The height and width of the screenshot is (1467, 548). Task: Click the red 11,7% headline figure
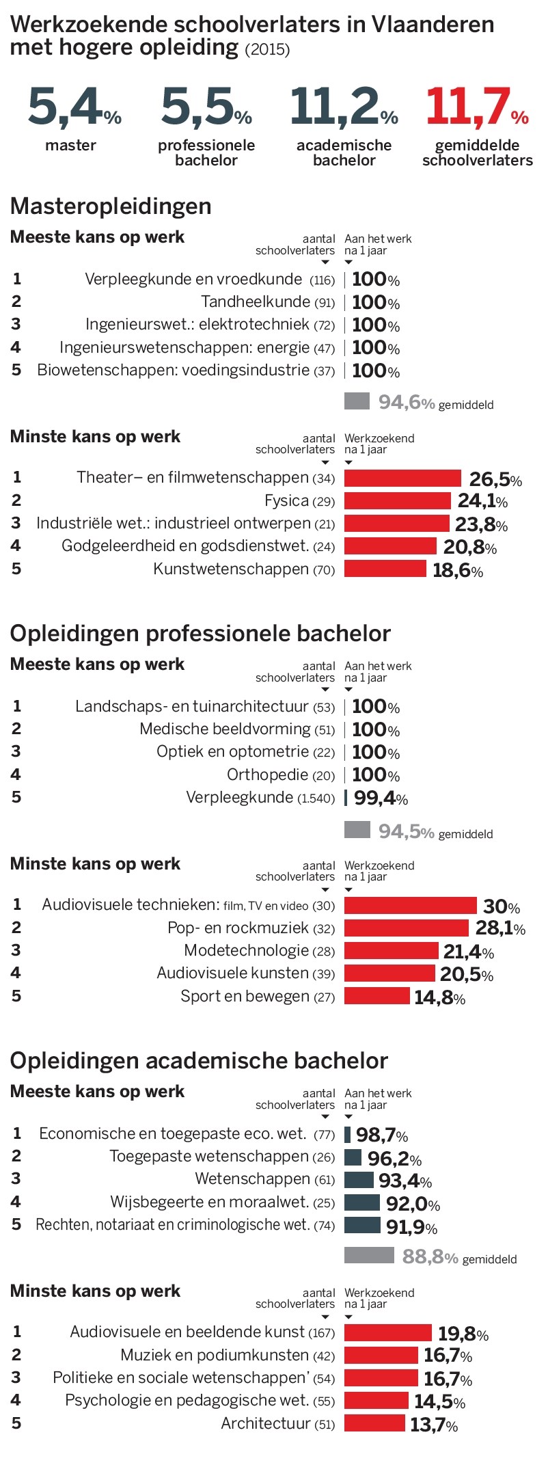pyautogui.click(x=476, y=108)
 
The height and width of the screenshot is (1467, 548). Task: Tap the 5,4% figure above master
pyautogui.click(x=74, y=108)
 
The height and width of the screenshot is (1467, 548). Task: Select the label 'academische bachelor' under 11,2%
pyautogui.click(x=344, y=152)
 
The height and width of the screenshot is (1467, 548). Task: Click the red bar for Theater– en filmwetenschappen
pyautogui.click(x=402, y=478)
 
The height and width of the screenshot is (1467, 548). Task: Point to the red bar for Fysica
pyautogui.click(x=397, y=501)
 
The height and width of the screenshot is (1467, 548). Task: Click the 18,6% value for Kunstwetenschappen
pyautogui.click(x=457, y=571)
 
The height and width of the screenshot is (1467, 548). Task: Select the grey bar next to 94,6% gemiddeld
pyautogui.click(x=357, y=401)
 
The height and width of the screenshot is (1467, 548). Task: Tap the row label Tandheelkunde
pyautogui.click(x=256, y=301)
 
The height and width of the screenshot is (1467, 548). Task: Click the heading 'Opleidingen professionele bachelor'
pyautogui.click(x=200, y=633)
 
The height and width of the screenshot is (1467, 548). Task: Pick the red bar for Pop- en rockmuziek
pyautogui.click(x=406, y=928)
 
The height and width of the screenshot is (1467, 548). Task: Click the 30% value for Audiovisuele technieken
pyautogui.click(x=501, y=906)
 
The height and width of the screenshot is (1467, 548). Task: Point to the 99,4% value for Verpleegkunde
pyautogui.click(x=381, y=798)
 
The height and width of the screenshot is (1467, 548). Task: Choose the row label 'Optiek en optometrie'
pyautogui.click(x=232, y=751)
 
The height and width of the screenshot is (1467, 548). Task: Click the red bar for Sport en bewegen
pyautogui.click(x=376, y=996)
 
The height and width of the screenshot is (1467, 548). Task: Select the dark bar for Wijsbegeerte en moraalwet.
pyautogui.click(x=361, y=1202)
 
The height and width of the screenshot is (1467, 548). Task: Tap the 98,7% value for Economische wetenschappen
pyautogui.click(x=381, y=1135)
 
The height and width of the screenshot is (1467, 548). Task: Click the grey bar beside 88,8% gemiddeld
pyautogui.click(x=369, y=1255)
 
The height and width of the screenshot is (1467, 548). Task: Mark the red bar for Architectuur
pyautogui.click(x=374, y=1423)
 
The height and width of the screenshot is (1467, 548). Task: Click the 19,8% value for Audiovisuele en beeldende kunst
pyautogui.click(x=463, y=1334)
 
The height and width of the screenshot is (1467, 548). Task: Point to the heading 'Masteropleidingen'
pyautogui.click(x=111, y=206)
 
